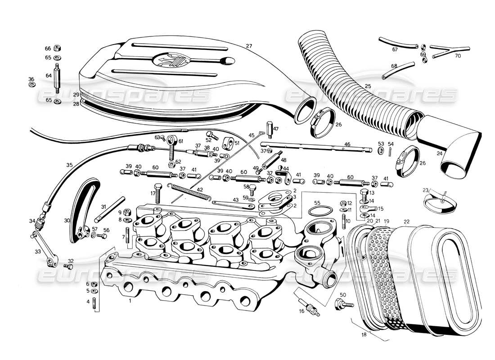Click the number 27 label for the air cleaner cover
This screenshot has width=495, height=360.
(249, 46)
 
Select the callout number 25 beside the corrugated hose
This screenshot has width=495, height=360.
(368, 86)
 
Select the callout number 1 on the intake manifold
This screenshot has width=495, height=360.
(130, 300)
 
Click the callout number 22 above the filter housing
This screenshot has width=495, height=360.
(406, 221)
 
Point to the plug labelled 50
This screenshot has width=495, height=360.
(341, 305)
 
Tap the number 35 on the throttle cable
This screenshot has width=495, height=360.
(69, 165)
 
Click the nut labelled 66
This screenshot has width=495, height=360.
(58, 49)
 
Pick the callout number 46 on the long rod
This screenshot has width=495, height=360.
(347, 144)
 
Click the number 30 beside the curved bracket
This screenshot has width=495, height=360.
(67, 220)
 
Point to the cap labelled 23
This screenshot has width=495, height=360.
(441, 202)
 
